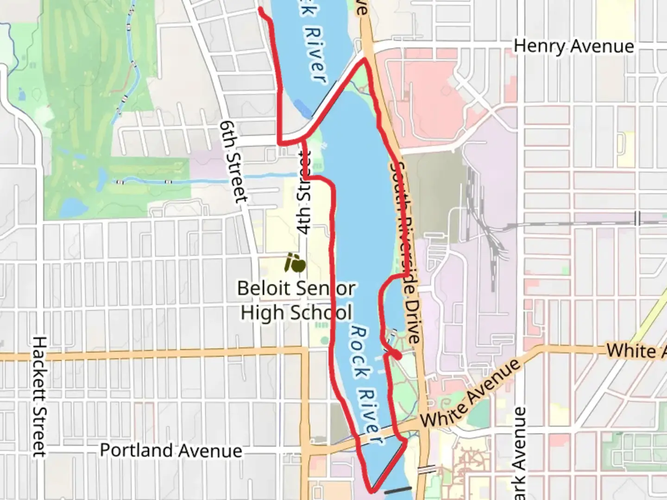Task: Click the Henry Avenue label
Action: [x=573, y=46]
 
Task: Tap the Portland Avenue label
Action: [x=171, y=450]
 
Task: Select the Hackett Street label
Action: [x=39, y=396]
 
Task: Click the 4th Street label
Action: [x=304, y=194]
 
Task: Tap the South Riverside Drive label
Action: [x=406, y=252]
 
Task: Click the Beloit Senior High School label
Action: [x=296, y=300]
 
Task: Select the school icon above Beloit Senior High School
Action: [x=295, y=263]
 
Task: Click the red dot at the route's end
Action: [x=396, y=356]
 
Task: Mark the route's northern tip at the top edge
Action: [x=261, y=10]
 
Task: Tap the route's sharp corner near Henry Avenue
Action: [x=365, y=60]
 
